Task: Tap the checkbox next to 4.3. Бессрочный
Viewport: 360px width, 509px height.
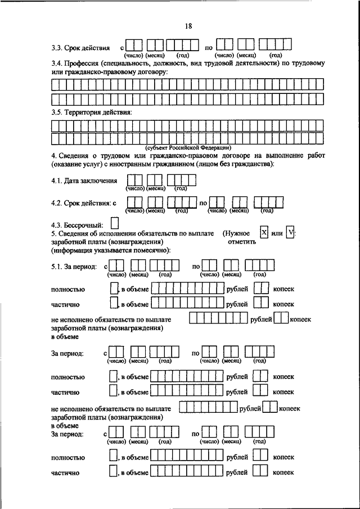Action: (x=115, y=224)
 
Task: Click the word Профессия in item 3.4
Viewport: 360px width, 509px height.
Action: (x=81, y=64)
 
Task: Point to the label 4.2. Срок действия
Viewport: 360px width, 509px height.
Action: (x=83, y=202)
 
